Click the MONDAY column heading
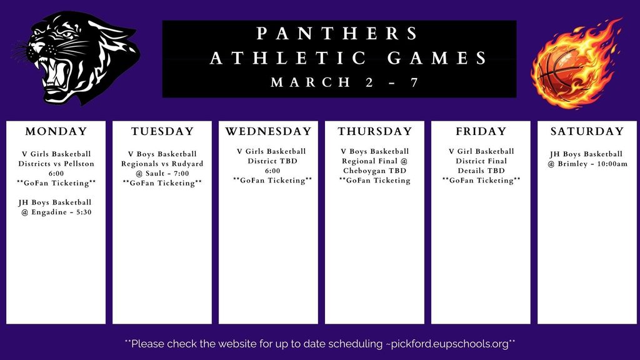(56, 131)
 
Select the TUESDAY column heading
(162, 131)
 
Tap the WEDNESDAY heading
(268, 131)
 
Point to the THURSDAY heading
(375, 131)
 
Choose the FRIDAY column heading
(481, 131)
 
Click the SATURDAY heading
(587, 131)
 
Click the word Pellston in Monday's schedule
(78, 164)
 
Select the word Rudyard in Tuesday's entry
(187, 164)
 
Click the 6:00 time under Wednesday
(272, 171)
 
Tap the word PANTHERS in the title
(338, 33)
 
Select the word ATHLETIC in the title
(288, 59)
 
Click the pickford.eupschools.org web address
(449, 344)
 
